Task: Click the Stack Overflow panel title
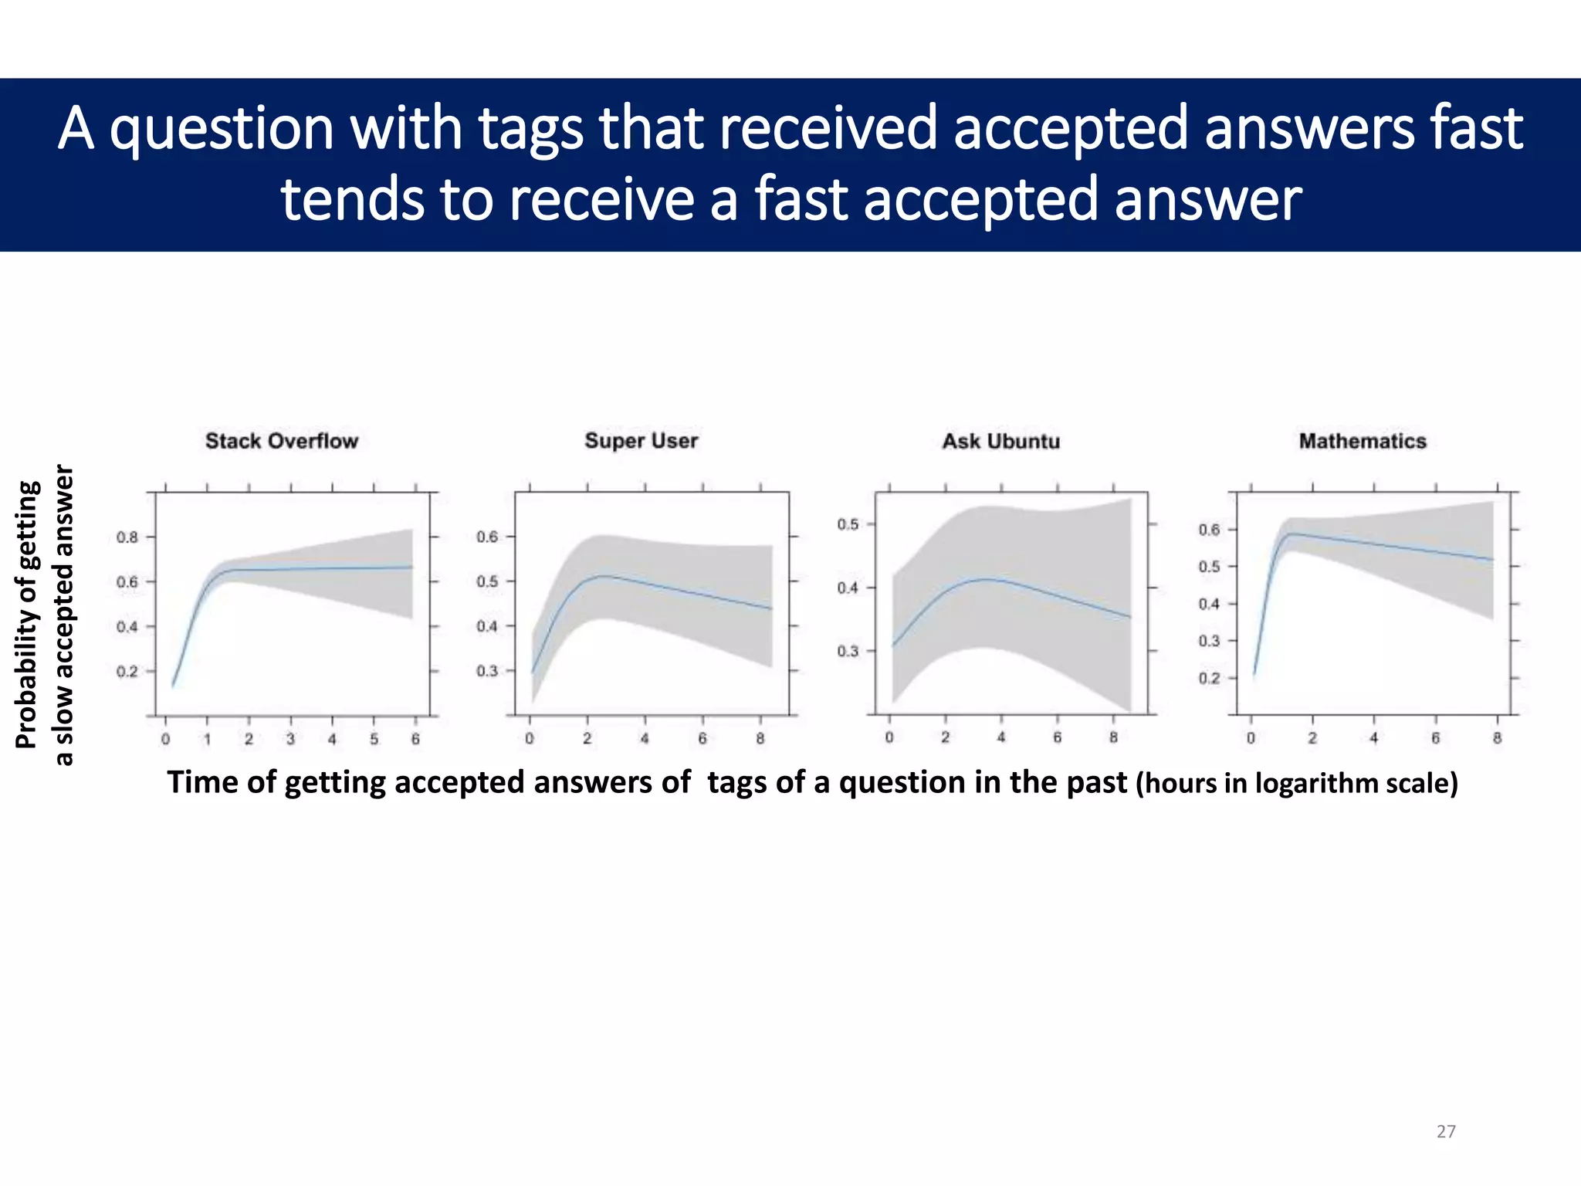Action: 282,441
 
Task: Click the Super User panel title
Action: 641,441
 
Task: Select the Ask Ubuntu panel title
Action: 1000,441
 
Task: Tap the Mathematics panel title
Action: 1363,441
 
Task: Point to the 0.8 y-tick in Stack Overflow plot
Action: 127,537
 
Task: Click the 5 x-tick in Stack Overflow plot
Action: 374,739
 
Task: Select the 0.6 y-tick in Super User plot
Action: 487,536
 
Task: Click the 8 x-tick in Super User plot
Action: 760,739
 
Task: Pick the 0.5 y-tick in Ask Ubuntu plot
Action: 848,524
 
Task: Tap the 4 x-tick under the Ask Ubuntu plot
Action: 1001,737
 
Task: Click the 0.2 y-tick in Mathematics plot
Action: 1209,678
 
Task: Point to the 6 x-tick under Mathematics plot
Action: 1436,738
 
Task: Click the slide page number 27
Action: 1446,1131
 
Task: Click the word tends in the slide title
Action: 352,199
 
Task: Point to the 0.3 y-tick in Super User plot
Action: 487,670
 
